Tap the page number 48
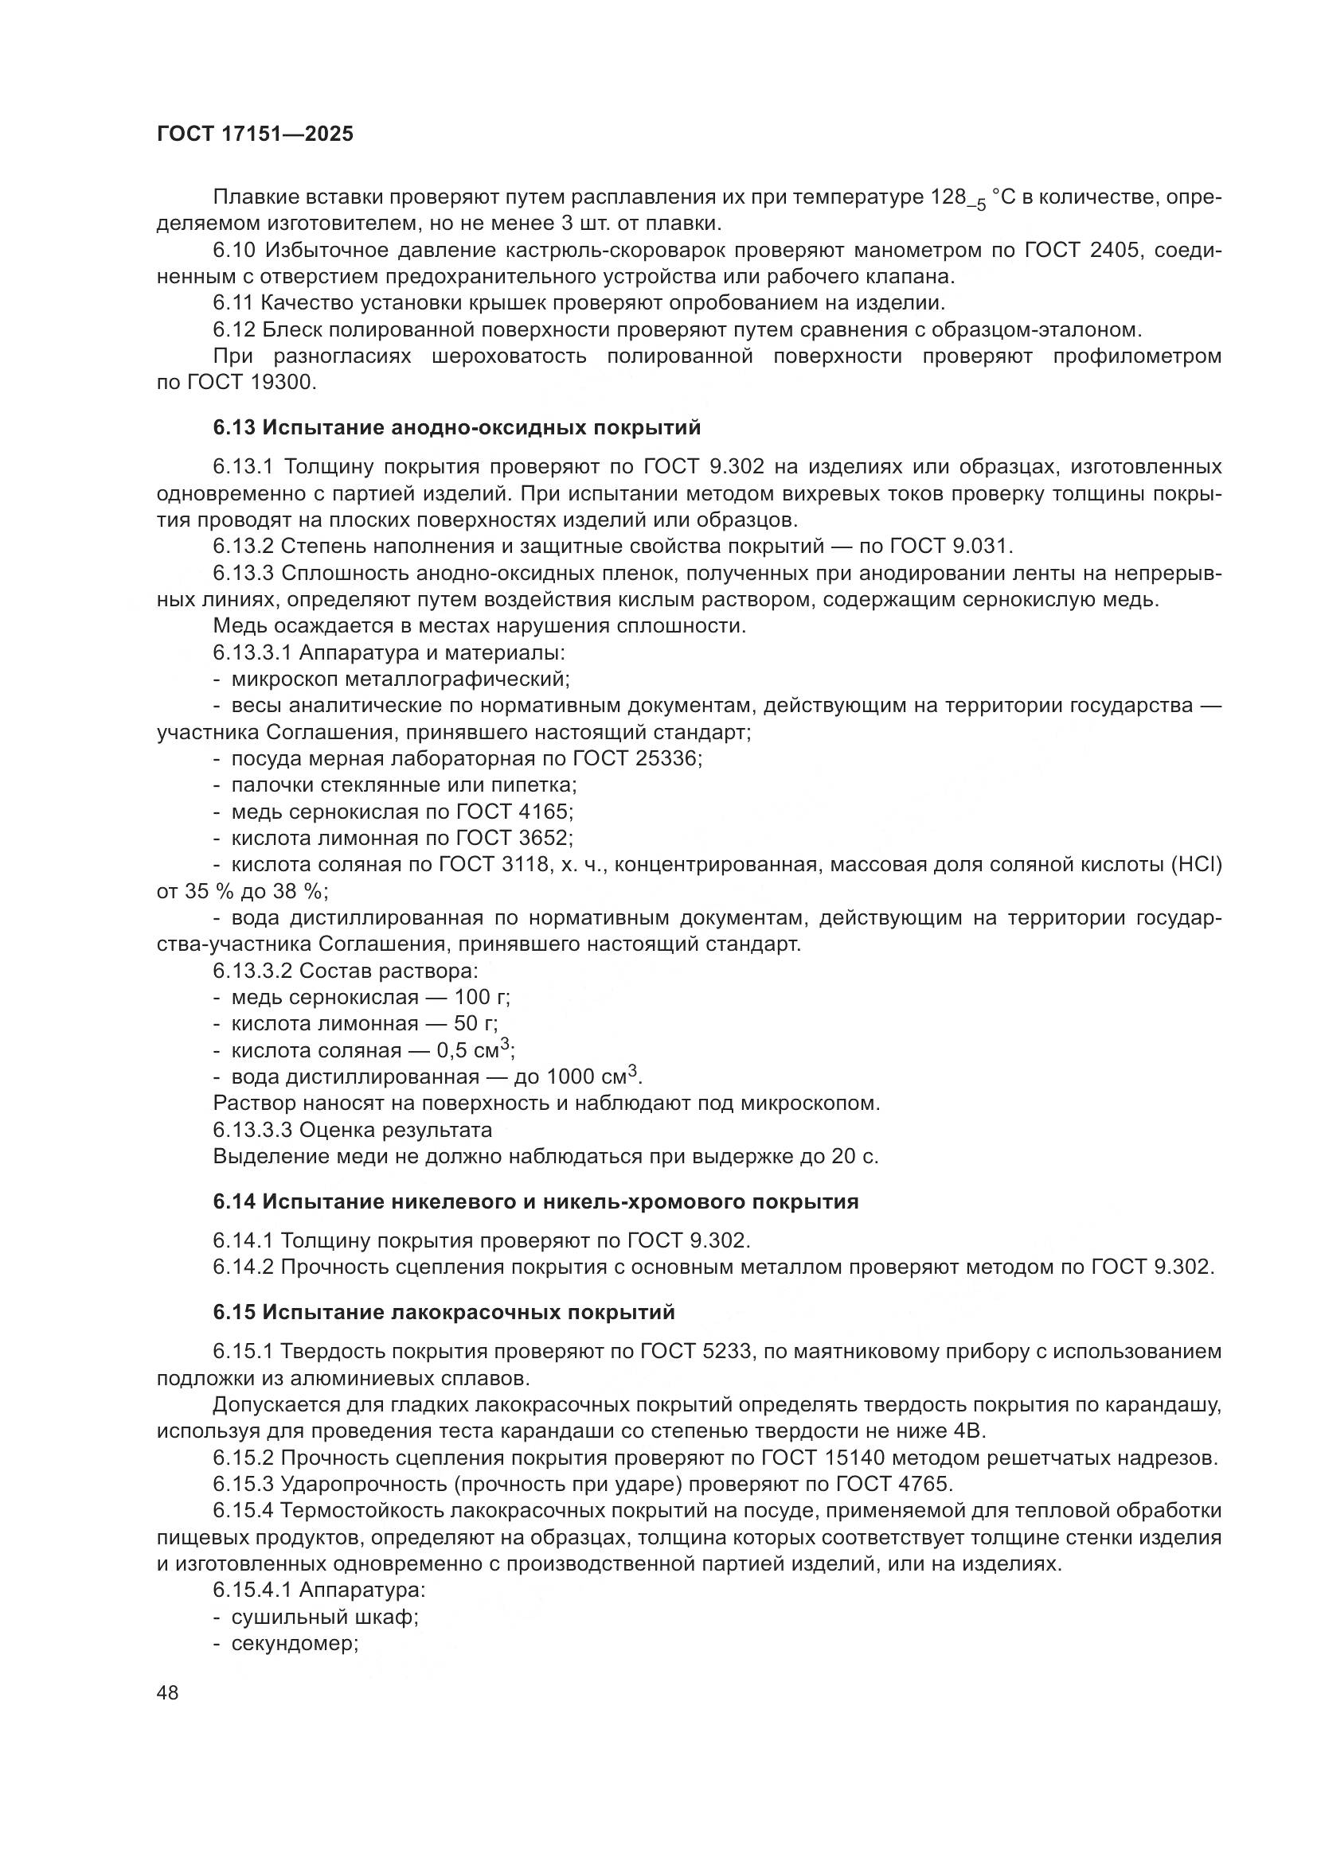point(168,1693)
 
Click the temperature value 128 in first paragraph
point(950,197)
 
